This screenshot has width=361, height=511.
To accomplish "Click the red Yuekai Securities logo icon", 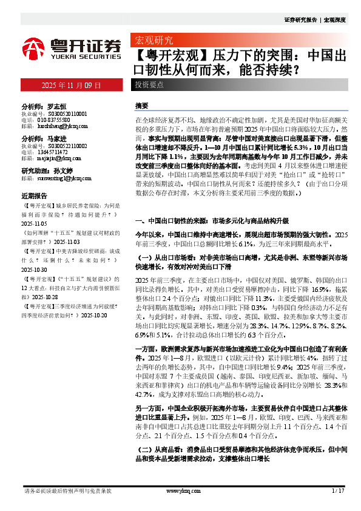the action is tap(34, 48).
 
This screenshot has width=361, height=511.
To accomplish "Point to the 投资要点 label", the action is tap(149, 85).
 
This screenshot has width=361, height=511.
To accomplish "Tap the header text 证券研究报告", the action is tap(301, 20).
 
